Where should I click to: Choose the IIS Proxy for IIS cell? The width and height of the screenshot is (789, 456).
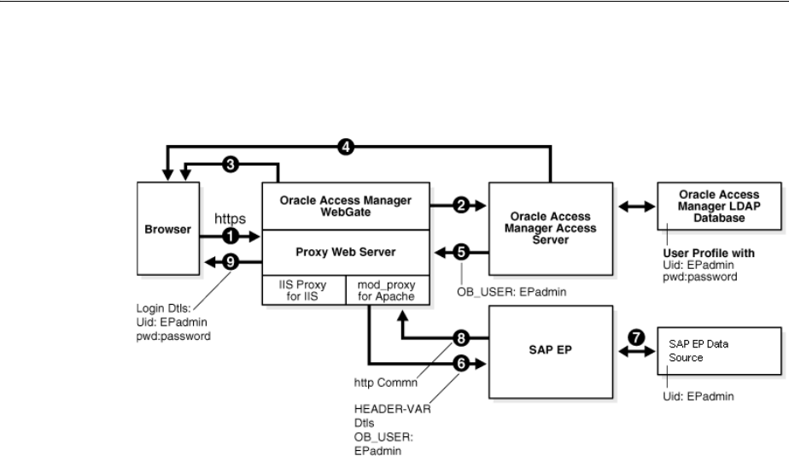(303, 290)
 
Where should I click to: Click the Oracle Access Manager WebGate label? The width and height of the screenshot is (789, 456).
(347, 206)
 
